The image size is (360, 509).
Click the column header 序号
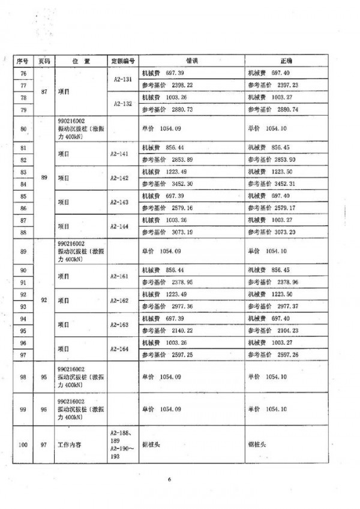[x=23, y=61]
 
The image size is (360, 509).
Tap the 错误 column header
[x=191, y=61]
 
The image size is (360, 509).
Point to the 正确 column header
[x=286, y=61]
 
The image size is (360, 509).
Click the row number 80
[x=23, y=129]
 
